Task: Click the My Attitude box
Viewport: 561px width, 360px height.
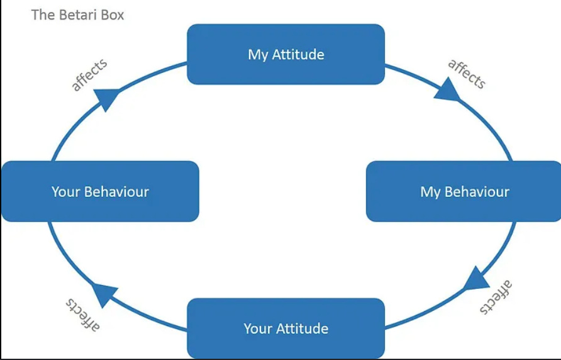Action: [286, 54]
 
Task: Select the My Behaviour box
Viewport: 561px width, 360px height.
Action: [464, 191]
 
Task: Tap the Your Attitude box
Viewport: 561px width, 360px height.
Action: [286, 328]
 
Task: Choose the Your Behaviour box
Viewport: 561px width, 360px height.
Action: [100, 191]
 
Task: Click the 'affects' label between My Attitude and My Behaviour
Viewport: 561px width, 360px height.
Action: [467, 74]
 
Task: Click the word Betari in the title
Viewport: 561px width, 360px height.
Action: [77, 14]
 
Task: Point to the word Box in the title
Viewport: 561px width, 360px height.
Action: [111, 14]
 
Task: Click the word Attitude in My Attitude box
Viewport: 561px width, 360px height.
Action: [298, 54]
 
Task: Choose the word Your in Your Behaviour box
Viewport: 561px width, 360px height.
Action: [65, 191]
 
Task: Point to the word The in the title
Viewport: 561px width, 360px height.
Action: [43, 14]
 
